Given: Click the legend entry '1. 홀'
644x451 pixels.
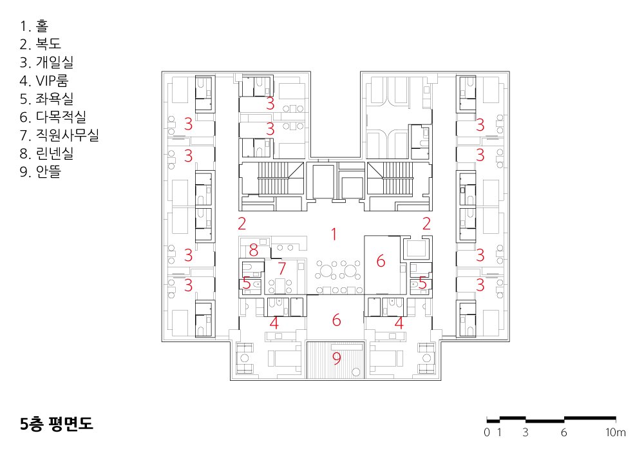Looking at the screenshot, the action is click(x=33, y=26).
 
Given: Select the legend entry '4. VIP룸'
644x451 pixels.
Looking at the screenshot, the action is click(x=44, y=81).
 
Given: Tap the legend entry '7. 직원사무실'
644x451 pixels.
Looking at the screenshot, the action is click(x=59, y=135).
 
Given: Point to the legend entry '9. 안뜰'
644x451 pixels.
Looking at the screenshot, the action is click(x=40, y=171).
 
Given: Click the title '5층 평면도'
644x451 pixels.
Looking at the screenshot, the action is click(x=57, y=423).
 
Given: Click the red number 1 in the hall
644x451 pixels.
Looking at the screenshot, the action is click(x=334, y=234).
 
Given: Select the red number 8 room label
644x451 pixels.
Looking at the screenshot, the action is click(x=253, y=250).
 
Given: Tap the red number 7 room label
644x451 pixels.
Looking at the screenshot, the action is click(x=282, y=269).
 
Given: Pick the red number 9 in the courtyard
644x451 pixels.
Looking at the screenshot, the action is click(x=336, y=358).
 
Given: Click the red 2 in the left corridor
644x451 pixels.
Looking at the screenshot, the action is click(x=242, y=223).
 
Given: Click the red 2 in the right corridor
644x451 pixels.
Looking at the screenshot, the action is click(x=426, y=223).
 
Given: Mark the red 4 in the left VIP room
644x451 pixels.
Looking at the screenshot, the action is click(x=274, y=323).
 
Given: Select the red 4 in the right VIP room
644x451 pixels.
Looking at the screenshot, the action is click(x=399, y=323).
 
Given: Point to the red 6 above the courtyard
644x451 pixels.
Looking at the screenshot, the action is click(x=336, y=320).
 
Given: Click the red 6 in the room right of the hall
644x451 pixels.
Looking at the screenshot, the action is click(x=381, y=261).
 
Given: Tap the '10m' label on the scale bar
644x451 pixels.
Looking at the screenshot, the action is click(x=615, y=432).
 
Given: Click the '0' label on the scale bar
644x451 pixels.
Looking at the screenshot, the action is click(x=487, y=432).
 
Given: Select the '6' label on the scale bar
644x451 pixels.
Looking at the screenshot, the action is click(x=564, y=432).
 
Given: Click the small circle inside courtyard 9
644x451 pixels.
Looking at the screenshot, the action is click(x=356, y=372).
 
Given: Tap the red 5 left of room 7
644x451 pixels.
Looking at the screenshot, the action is click(x=247, y=283).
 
